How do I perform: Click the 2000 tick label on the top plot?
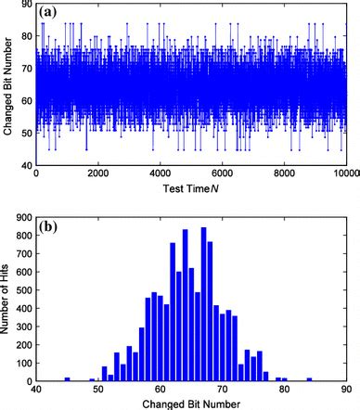point(97,174)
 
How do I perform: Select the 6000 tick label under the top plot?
point(223,174)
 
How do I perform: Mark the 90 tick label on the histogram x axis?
point(347,388)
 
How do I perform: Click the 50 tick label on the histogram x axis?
point(98,388)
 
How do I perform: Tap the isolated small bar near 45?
point(67,378)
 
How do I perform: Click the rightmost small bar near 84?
point(309,378)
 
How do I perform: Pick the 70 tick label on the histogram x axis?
point(223,388)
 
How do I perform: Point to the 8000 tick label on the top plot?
point(286,174)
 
